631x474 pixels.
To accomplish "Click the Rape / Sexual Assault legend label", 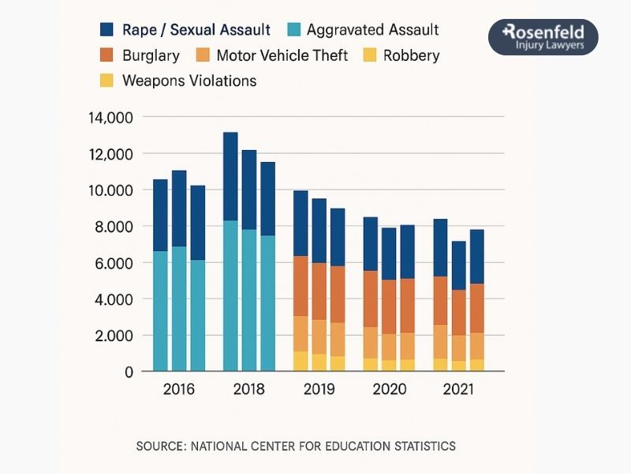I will click(x=196, y=30).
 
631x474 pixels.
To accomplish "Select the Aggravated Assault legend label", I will click(x=372, y=30).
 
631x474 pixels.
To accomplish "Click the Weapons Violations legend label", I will click(x=189, y=81).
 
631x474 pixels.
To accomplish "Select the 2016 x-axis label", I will click(x=178, y=390).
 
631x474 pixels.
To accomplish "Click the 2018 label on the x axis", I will click(x=248, y=390).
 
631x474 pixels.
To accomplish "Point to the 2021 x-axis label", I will click(x=459, y=390).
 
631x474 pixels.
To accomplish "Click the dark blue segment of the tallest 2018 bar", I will click(x=230, y=176).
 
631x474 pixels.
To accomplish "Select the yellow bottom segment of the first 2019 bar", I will click(x=301, y=361).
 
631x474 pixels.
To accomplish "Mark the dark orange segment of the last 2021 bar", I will click(x=476, y=308).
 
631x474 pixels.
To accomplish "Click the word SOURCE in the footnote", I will click(x=159, y=446).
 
